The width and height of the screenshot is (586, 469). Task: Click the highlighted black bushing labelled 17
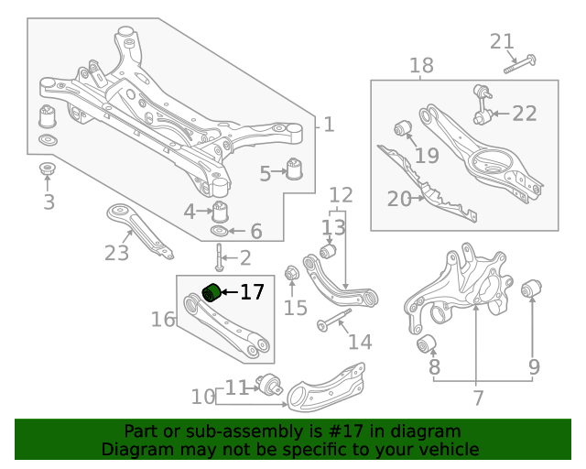(211, 292)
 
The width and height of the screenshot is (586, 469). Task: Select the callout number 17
(252, 293)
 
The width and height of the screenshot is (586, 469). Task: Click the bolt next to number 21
(519, 63)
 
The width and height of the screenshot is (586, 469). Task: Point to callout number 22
(525, 114)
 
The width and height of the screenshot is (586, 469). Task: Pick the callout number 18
(421, 66)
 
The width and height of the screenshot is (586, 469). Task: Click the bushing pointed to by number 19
(400, 126)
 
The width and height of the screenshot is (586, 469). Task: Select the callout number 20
(399, 198)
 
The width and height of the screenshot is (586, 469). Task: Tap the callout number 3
(49, 202)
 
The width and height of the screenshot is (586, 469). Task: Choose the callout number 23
(116, 253)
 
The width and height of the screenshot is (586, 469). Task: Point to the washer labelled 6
(220, 232)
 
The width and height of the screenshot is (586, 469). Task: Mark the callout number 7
(477, 398)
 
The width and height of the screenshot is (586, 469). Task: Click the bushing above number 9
(528, 291)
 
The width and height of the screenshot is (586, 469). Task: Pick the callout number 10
(203, 397)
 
